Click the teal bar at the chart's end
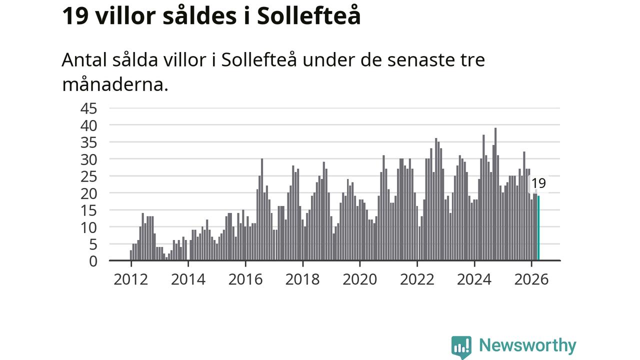tap(538, 228)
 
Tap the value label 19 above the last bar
tap(538, 183)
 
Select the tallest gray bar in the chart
tap(495, 194)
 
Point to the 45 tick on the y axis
tap(88, 108)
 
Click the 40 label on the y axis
tap(88, 125)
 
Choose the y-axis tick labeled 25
tap(88, 177)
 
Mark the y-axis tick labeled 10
tap(88, 227)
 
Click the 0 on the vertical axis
tap(93, 261)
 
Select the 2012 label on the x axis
tap(131, 279)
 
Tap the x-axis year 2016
tap(245, 279)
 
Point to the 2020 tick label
tap(359, 279)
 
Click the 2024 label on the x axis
tap(474, 279)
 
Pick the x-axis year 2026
tap(531, 279)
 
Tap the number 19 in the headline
tap(75, 15)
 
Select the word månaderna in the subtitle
tap(115, 84)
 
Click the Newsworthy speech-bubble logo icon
tap(461, 347)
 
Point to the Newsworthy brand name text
tap(527, 345)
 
